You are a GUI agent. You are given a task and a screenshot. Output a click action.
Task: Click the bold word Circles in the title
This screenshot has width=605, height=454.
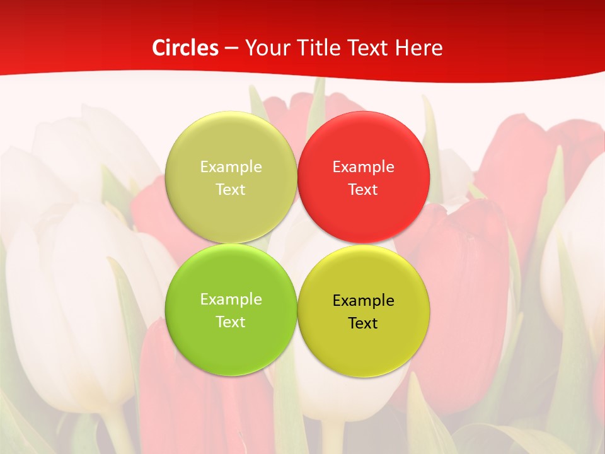coord(185,48)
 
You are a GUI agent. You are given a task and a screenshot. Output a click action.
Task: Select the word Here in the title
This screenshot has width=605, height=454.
coord(420,48)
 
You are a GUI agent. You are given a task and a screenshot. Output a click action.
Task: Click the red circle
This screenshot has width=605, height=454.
coord(364,177)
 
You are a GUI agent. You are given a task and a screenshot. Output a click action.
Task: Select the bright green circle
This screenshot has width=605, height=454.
coord(231,310)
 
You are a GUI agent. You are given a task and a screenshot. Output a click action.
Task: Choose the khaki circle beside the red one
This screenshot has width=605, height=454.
coord(231,177)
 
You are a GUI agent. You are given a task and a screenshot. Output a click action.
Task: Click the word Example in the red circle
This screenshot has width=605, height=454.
coord(364,166)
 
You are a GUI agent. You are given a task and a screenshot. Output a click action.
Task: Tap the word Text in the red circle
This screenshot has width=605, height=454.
coord(363,189)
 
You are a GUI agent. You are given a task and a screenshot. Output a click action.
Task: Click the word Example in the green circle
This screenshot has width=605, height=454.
coord(231,299)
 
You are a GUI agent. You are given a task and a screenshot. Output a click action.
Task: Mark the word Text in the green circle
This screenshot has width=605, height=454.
coord(231,322)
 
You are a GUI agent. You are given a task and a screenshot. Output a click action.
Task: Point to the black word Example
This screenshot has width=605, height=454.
coord(364,300)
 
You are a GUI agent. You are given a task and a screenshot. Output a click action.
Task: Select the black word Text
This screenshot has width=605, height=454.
coord(363,323)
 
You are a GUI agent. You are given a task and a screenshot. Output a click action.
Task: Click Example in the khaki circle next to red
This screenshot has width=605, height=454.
coord(231,166)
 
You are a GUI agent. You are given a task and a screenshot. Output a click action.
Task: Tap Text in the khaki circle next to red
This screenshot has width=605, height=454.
coord(231,189)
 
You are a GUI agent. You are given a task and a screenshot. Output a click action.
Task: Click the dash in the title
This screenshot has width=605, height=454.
coord(231,49)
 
